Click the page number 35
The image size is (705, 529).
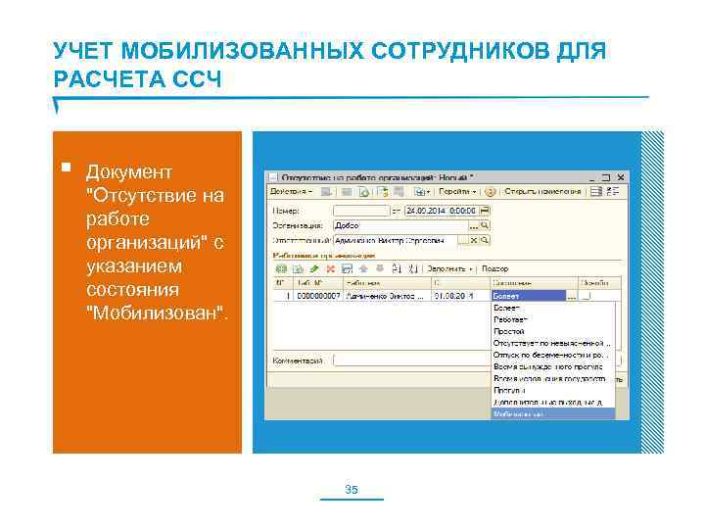coord(352,489)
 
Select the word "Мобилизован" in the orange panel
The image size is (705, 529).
coord(158,313)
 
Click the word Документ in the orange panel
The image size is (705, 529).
coord(129,172)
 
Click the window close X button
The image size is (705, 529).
coord(617,177)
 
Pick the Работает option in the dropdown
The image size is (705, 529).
coord(510,319)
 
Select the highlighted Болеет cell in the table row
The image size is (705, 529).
coord(528,295)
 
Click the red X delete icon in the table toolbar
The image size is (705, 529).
coord(332,267)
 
